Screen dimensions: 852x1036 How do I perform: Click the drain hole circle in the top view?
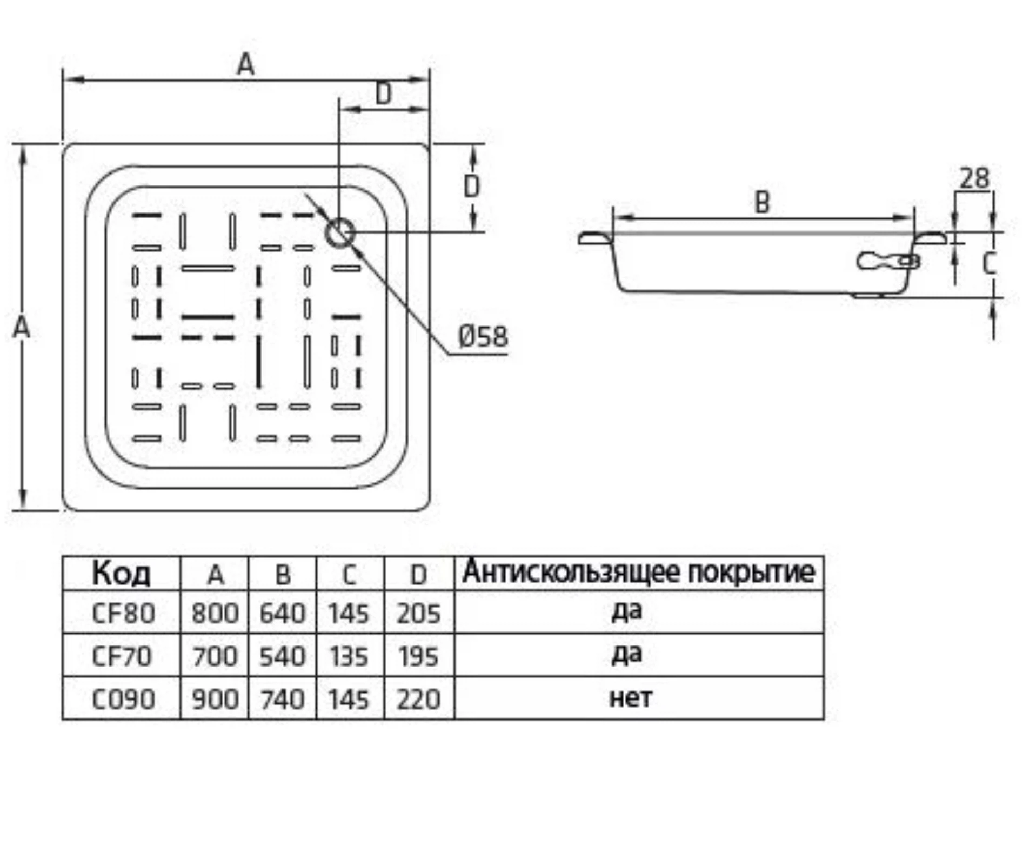coord(339,233)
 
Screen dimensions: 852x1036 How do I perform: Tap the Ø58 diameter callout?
coord(483,337)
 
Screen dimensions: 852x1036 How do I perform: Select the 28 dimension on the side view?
coord(974,178)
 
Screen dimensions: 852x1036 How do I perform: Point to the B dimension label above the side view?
coord(761,203)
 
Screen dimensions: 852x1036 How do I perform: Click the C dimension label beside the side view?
coord(989,264)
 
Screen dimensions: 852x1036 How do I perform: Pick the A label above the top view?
coord(245,65)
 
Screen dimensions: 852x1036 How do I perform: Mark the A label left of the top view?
coord(21,327)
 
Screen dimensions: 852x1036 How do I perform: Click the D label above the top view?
coord(383,94)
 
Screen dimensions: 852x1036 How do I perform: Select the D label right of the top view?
coord(472,187)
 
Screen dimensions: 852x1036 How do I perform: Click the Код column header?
coord(121,574)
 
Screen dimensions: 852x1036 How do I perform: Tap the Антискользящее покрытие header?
coord(639,572)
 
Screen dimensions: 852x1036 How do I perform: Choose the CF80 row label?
coord(123,614)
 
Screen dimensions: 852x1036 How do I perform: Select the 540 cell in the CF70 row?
coord(282,657)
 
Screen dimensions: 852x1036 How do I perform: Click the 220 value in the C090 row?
coord(418,700)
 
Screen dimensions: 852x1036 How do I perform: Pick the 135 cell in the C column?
coord(349,657)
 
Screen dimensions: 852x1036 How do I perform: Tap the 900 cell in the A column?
coord(215,700)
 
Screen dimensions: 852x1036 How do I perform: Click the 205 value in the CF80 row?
coord(418,614)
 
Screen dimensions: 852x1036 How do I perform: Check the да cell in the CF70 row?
coord(627,655)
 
